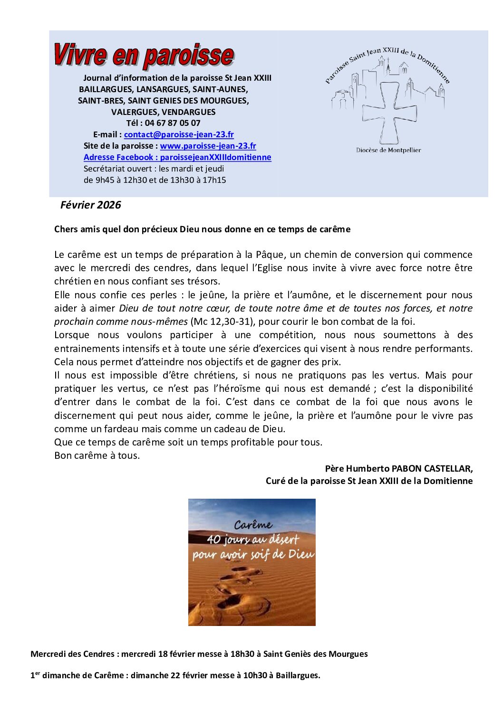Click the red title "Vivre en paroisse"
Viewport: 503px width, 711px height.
click(x=144, y=55)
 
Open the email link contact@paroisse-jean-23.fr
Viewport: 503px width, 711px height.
click(x=179, y=134)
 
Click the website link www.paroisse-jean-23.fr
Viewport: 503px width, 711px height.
click(x=208, y=146)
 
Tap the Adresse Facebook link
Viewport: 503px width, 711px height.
click(x=177, y=157)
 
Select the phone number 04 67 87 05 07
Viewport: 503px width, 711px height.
click(x=173, y=123)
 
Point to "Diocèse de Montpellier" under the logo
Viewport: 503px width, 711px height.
click(x=388, y=150)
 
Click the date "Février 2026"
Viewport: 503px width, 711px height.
click(x=90, y=205)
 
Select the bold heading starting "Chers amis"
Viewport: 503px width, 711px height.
click(x=202, y=229)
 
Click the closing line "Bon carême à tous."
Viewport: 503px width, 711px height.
click(x=97, y=455)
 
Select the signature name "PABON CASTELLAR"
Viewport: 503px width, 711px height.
click(x=431, y=468)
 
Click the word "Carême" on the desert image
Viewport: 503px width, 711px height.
click(x=253, y=525)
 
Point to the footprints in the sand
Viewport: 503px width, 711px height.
click(x=238, y=589)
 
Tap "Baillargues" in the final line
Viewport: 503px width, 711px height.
click(x=297, y=675)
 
